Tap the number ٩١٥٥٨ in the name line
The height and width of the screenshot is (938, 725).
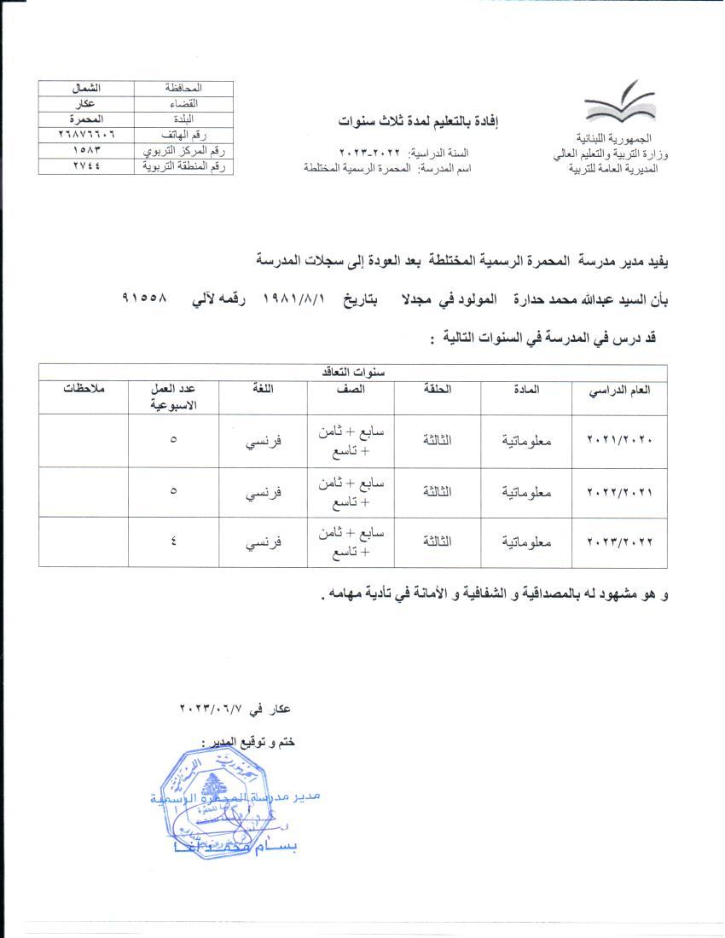[146, 300]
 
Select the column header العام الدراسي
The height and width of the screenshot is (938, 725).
[621, 390]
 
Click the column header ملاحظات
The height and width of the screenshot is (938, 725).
[84, 390]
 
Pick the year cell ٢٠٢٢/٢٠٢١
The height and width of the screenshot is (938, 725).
[620, 492]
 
